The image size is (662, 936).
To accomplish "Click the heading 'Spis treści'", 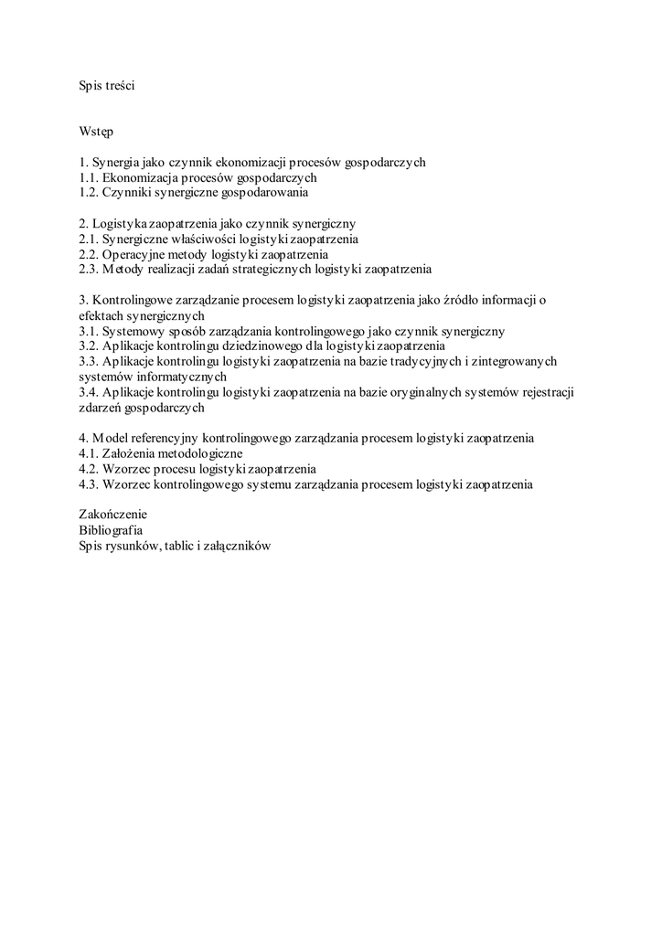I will click(x=107, y=86).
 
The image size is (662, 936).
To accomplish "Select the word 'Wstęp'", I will click(x=96, y=132).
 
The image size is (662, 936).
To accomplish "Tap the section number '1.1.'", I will click(x=89, y=177).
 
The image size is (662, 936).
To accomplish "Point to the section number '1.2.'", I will click(x=89, y=193).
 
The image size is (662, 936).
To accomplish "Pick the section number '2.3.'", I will click(x=89, y=269).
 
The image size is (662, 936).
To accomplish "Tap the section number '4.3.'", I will click(x=89, y=484).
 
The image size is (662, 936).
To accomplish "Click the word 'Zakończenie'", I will click(x=112, y=515).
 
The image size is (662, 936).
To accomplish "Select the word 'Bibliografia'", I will click(x=111, y=530).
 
